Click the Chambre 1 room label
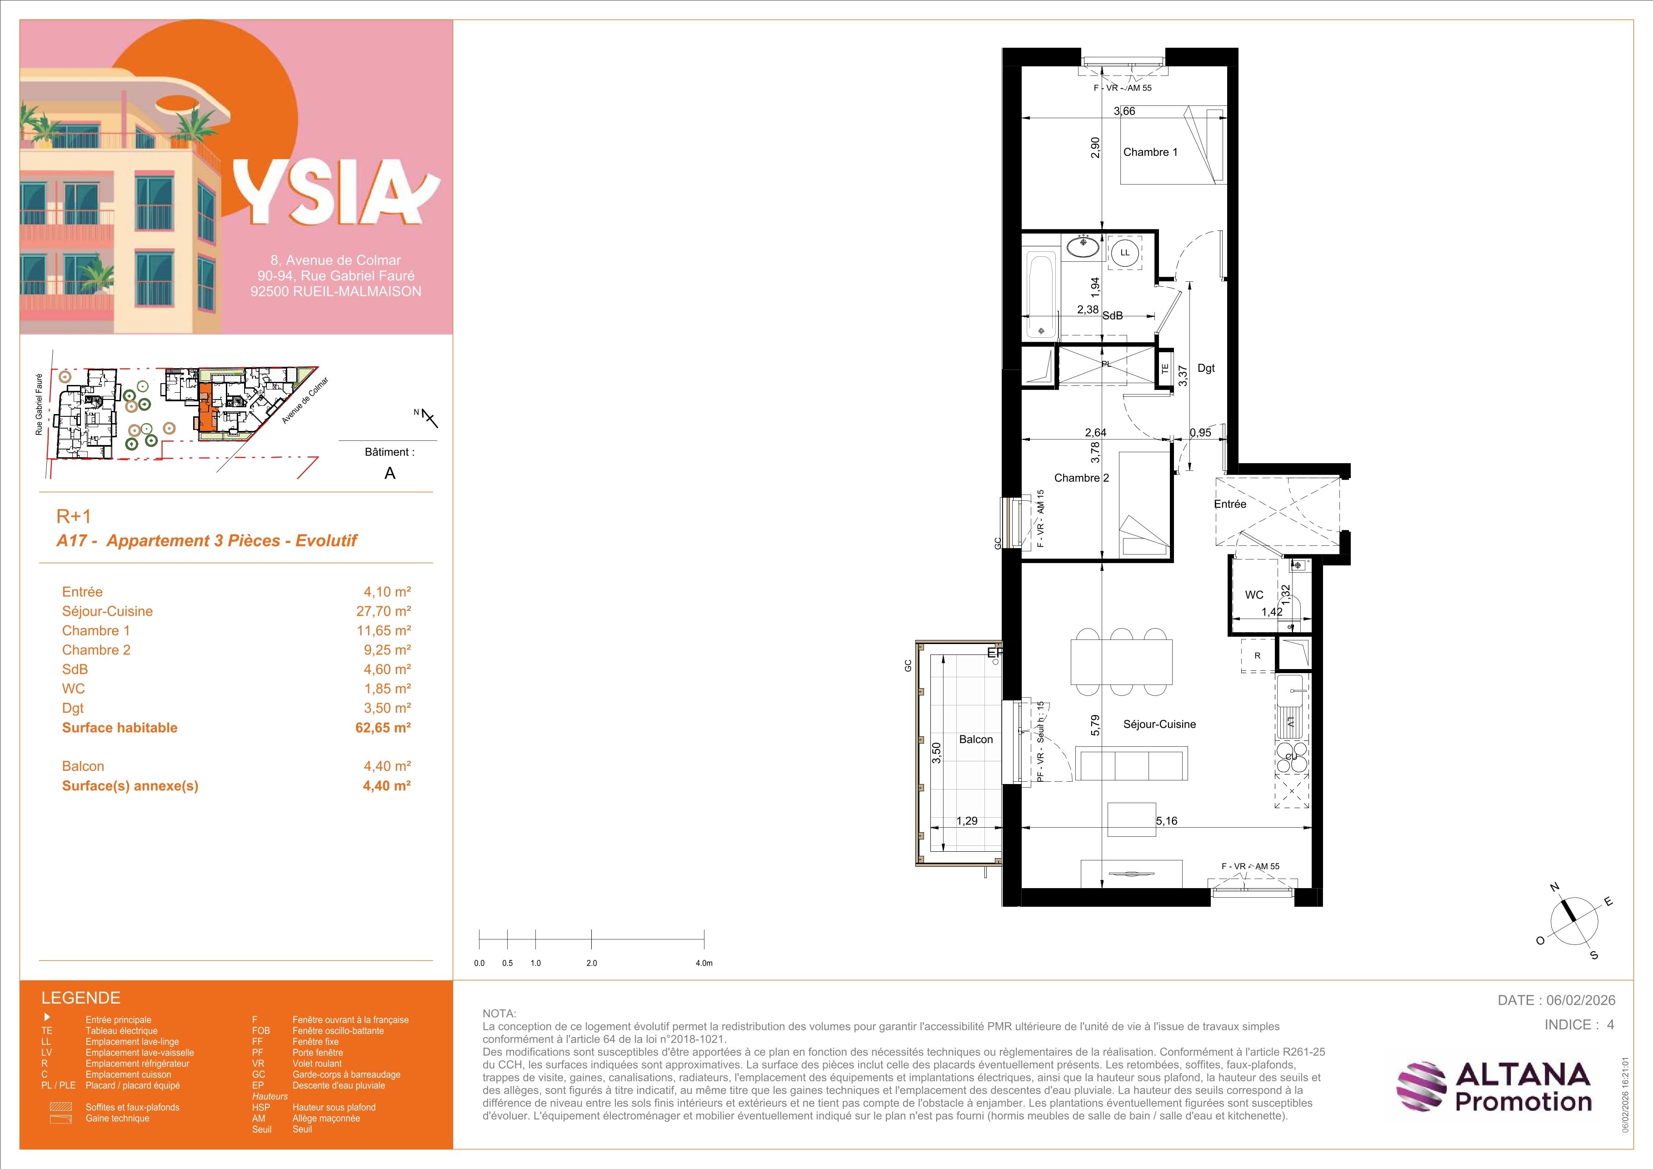(x=1150, y=152)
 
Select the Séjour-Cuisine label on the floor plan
(x=1159, y=724)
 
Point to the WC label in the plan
(x=1254, y=594)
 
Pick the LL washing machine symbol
(x=1124, y=253)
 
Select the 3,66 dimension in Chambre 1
(x=1124, y=111)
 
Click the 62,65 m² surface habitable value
(x=383, y=727)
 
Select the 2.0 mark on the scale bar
(x=592, y=963)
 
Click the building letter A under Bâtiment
(x=390, y=473)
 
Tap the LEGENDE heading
(x=80, y=998)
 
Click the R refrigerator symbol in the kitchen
(x=1257, y=656)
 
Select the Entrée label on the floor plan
(x=1230, y=504)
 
